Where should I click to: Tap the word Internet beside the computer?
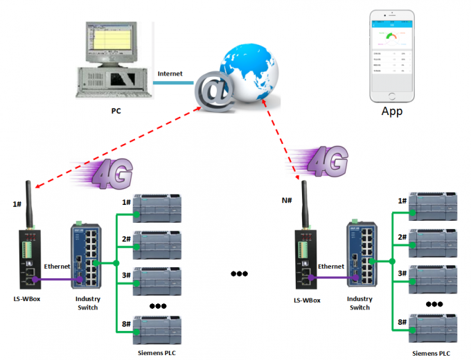pyautogui.click(x=170, y=73)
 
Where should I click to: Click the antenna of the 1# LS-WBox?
pyautogui.click(x=30, y=204)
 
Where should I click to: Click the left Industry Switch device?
pyautogui.click(x=85, y=255)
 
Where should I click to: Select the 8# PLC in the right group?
pyautogui.click(x=436, y=326)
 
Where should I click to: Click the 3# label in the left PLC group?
pyautogui.click(x=126, y=276)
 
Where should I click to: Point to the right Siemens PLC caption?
pyautogui.click(x=434, y=353)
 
